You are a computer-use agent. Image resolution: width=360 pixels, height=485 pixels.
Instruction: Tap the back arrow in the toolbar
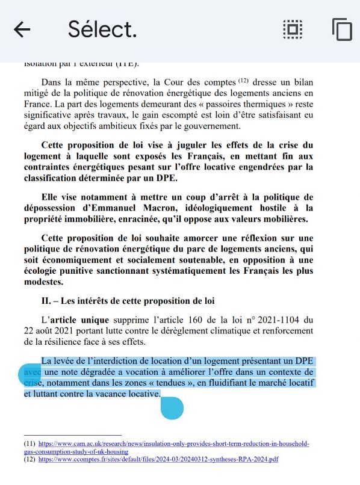[22, 29]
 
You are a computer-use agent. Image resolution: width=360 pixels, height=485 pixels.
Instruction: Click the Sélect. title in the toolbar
[102, 28]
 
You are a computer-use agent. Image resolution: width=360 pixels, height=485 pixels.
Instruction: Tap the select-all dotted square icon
[293, 29]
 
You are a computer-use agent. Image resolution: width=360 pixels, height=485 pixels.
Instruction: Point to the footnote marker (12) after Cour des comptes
[243, 80]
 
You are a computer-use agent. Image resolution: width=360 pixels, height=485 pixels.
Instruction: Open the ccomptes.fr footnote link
[158, 459]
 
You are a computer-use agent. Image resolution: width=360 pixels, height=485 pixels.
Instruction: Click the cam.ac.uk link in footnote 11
[174, 444]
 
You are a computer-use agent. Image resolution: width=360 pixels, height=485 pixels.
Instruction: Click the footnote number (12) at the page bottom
[30, 459]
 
